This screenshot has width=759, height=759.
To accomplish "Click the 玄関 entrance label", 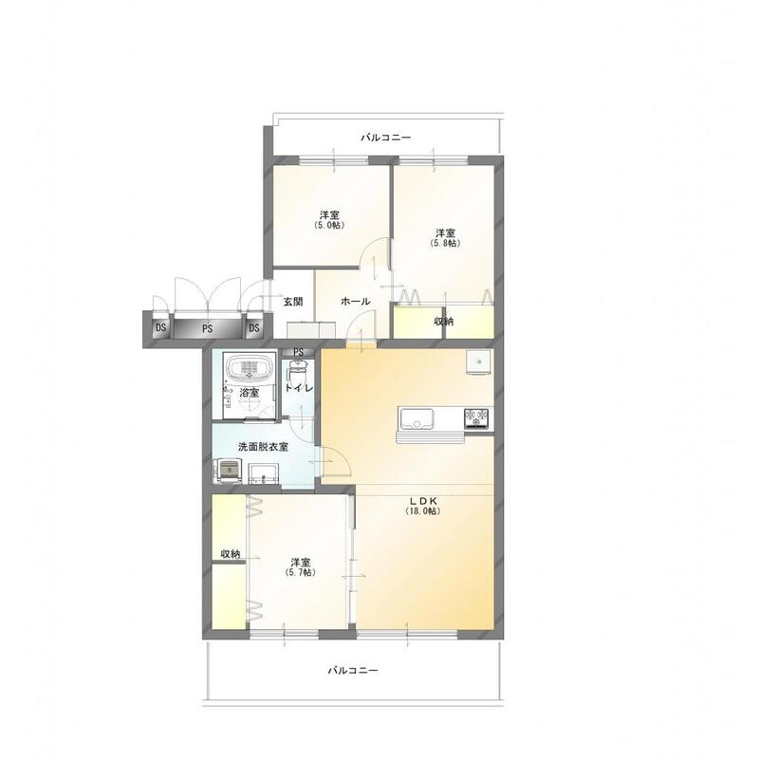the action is [293, 302].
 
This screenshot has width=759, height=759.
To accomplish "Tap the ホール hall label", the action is [356, 302].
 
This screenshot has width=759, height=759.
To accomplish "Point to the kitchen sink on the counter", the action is [416, 418].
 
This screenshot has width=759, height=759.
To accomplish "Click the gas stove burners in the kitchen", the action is [477, 418].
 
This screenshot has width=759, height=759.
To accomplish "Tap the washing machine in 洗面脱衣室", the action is [229, 471].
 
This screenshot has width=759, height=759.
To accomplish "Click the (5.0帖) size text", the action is [329, 226].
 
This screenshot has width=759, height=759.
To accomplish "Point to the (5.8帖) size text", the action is [445, 244].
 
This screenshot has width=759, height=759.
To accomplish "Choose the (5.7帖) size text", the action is [300, 573].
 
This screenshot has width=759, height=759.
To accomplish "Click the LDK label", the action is [423, 501].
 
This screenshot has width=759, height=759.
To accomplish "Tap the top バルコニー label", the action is [386, 138].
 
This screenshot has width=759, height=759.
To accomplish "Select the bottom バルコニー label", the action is [352, 671].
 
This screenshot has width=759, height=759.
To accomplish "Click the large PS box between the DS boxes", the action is [207, 328].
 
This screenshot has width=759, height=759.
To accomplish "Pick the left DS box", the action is [160, 328].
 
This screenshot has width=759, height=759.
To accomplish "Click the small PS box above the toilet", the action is [298, 352].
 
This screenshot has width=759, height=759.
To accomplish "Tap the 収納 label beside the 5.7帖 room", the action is [231, 554].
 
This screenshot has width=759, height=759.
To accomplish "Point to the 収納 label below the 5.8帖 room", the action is [443, 321].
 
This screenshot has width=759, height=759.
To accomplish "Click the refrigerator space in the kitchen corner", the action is [479, 361].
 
